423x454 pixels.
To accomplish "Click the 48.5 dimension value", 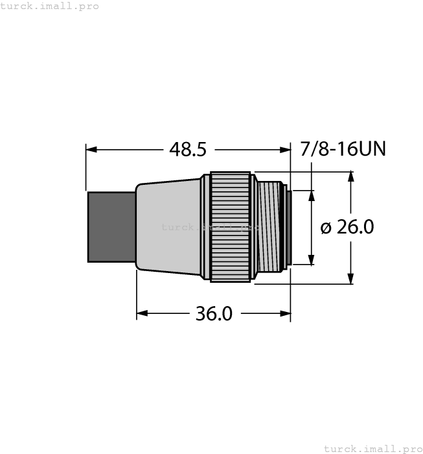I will (x=187, y=150).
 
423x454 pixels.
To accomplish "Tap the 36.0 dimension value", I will (x=214, y=314).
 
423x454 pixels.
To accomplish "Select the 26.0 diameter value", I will (x=356, y=227).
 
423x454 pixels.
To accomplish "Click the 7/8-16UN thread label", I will (x=343, y=149).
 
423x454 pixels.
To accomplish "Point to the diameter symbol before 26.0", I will (x=326, y=228).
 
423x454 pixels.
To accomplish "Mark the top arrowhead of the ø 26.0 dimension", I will (x=351, y=177).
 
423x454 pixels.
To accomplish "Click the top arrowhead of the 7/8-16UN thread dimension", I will (x=312, y=195).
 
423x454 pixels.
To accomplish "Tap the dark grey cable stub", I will (x=111, y=226).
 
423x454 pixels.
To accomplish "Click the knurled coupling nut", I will (x=229, y=226).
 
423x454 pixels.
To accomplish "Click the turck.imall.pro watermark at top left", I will (x=50, y=6).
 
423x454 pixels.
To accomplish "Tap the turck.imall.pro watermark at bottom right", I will (x=372, y=448).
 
